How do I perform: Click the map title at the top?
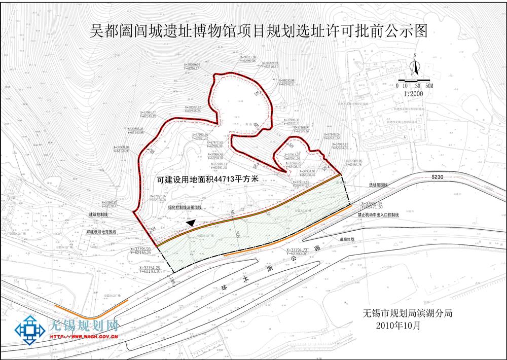[259, 31]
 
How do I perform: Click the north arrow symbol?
[414, 66]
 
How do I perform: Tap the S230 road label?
[437, 177]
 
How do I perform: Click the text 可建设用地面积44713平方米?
[208, 179]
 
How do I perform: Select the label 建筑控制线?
[98, 215]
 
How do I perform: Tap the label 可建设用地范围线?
[101, 232]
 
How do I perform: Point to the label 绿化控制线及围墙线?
[185, 207]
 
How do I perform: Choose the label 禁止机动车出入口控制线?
[378, 215]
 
